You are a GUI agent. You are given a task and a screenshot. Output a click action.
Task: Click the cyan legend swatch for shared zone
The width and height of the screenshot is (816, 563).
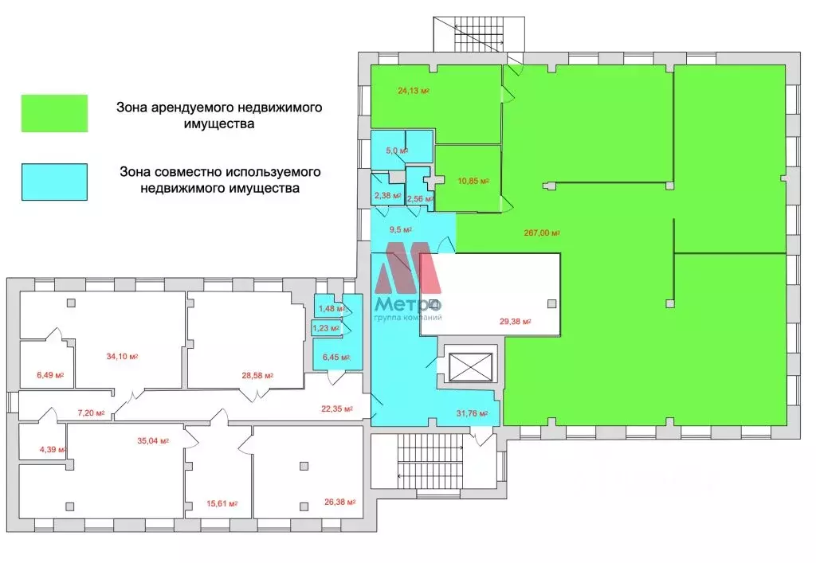[53, 182]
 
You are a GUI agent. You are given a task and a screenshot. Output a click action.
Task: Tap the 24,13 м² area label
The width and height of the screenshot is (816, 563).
[413, 91]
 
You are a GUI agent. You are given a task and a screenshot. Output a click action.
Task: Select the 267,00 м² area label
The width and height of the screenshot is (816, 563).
[541, 233]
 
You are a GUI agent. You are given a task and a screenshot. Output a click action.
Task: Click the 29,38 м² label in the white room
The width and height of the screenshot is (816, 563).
[515, 322]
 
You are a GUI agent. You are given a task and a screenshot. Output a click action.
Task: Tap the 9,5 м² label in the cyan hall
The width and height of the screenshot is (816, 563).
[400, 229]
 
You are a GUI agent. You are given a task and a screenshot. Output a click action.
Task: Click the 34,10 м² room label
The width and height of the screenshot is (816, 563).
[122, 356]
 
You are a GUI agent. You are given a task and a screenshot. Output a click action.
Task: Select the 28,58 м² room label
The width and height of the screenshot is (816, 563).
[257, 375]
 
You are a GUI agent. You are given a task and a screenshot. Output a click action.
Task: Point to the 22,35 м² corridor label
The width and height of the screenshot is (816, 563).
[336, 409]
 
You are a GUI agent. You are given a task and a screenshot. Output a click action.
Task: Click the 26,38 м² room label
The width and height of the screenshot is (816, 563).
[338, 502]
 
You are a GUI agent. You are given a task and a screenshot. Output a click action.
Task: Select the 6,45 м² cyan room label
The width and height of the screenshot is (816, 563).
[333, 358]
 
